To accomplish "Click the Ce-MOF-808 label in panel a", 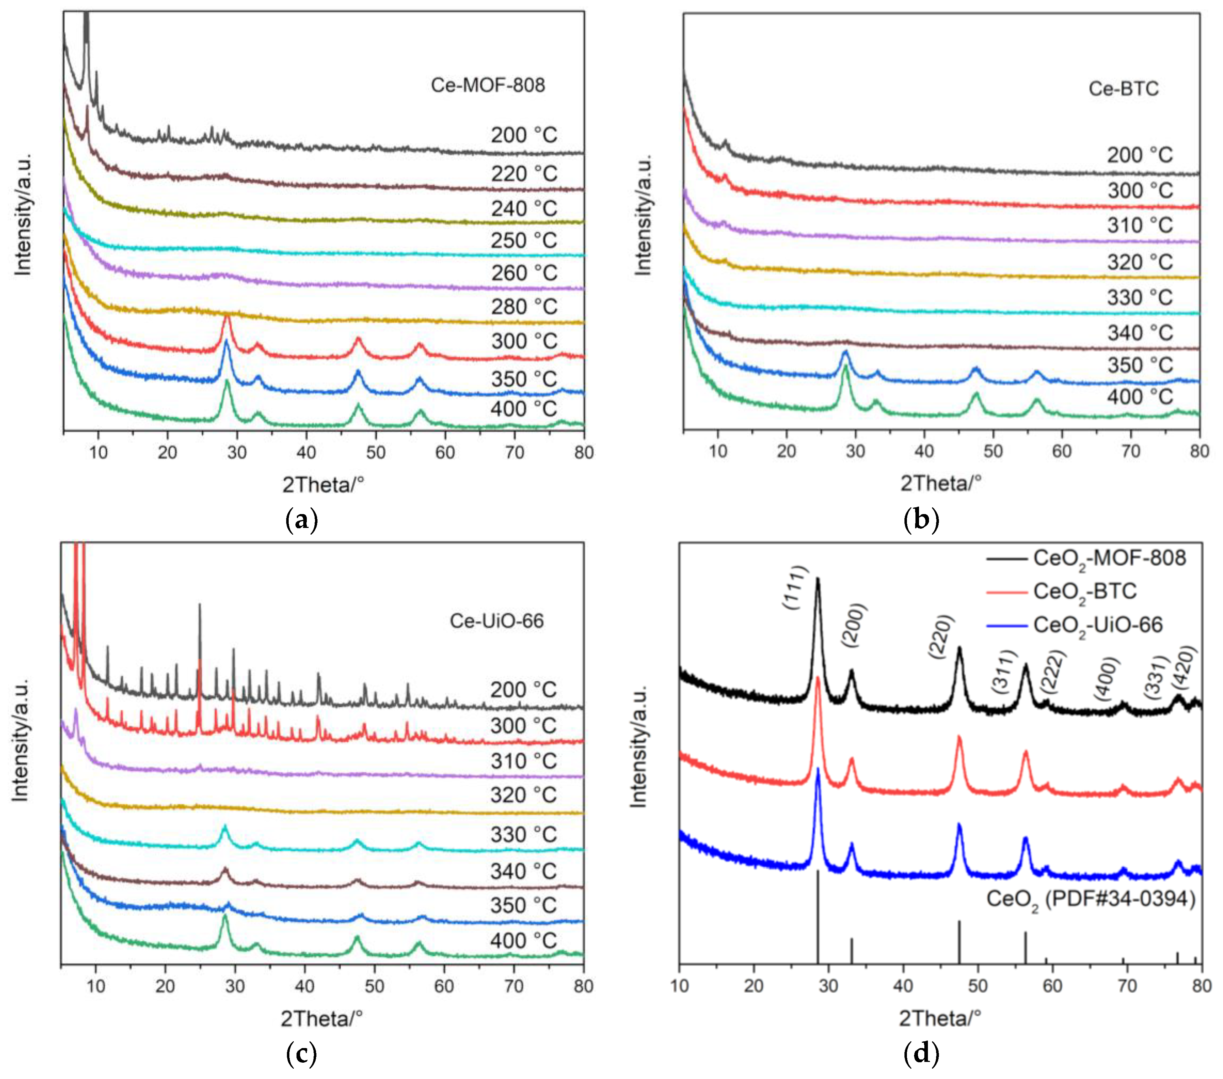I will click(488, 85).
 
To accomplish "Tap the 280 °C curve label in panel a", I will click(524, 307).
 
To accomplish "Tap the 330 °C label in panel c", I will click(524, 835).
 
